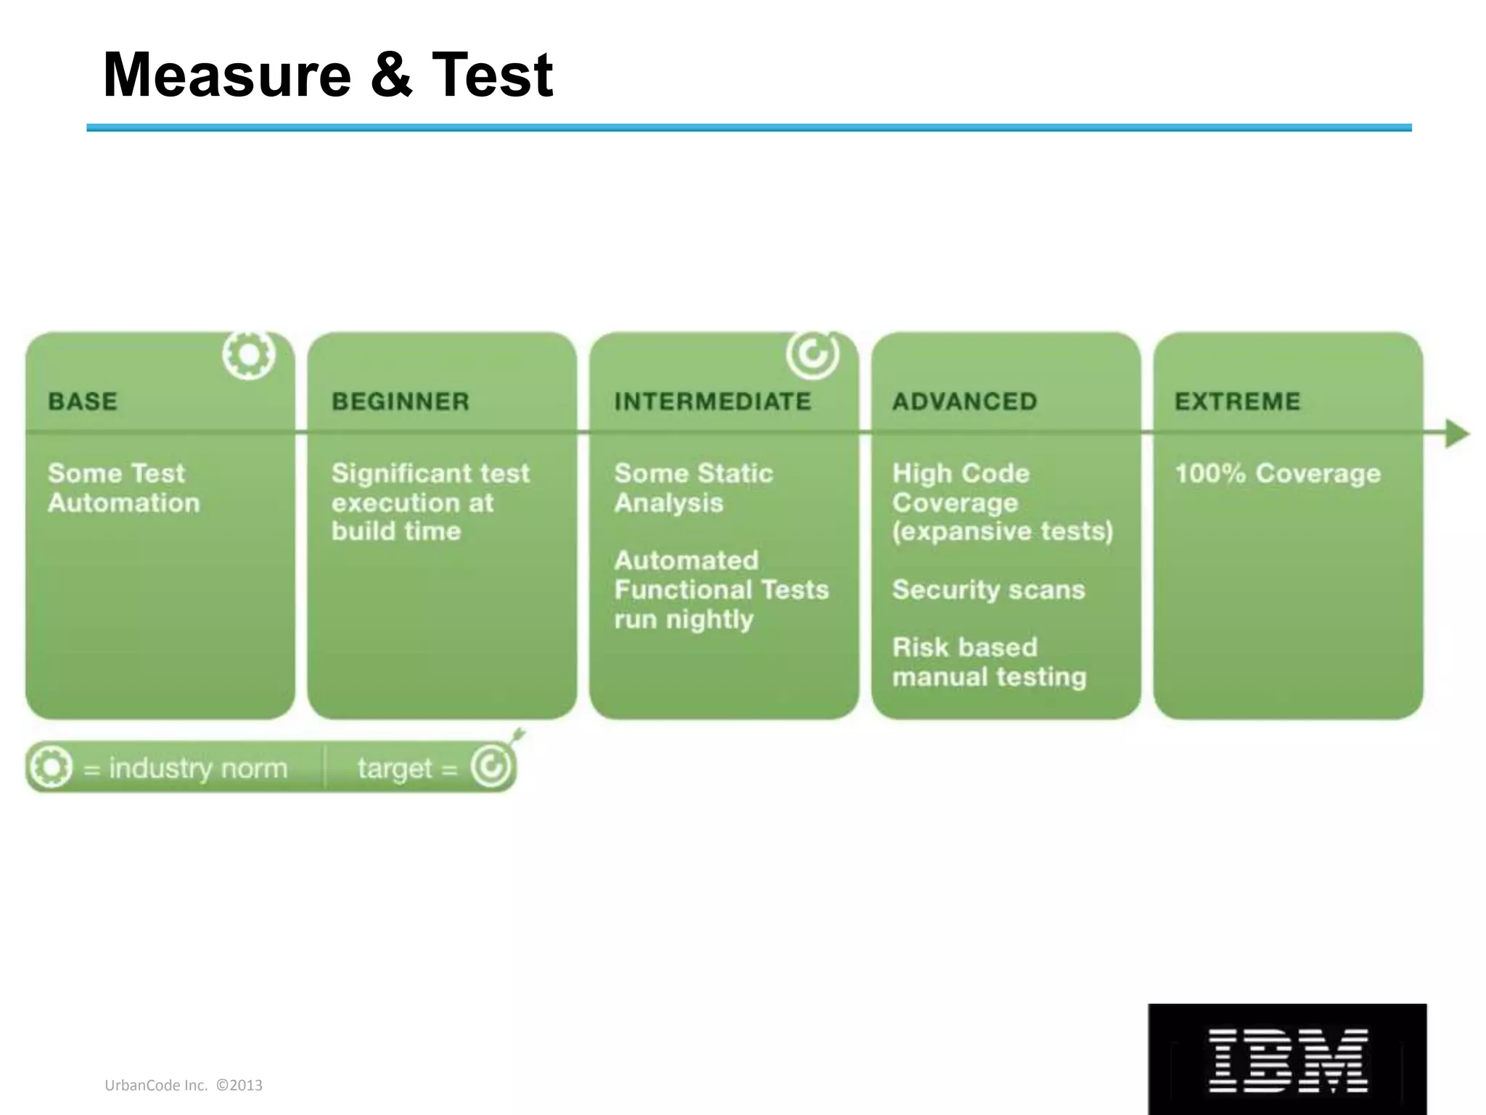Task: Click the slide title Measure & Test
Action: [x=328, y=75]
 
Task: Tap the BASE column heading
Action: [x=83, y=401]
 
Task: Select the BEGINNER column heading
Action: [x=401, y=401]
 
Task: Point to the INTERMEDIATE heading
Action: [x=713, y=401]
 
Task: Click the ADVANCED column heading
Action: [x=964, y=401]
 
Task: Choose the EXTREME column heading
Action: [x=1237, y=401]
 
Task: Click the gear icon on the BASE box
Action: [x=249, y=355]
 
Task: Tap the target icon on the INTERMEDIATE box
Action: [x=813, y=354]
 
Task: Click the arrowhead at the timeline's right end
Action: [x=1456, y=433]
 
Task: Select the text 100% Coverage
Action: [x=1278, y=473]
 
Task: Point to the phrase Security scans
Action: [x=988, y=589]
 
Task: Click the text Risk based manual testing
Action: [x=989, y=662]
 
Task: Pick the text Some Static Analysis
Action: [x=693, y=488]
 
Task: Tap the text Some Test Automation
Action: [x=123, y=488]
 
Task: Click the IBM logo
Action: [x=1287, y=1060]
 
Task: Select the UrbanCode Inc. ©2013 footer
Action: [x=184, y=1085]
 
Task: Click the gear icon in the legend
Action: [x=50, y=767]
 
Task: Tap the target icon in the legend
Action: [x=491, y=765]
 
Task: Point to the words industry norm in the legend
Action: [x=197, y=768]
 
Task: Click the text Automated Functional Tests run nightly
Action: [x=721, y=589]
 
